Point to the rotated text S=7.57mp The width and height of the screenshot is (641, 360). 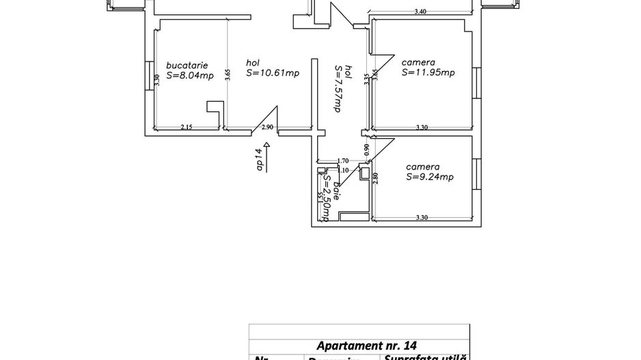pyautogui.click(x=337, y=88)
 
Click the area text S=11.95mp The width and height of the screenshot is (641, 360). pyautogui.click(x=428, y=72)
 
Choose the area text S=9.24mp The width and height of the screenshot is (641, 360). pyautogui.click(x=430, y=177)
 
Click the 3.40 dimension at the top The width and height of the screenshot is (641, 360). pyautogui.click(x=422, y=11)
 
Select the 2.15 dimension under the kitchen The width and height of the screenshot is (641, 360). pyautogui.click(x=186, y=127)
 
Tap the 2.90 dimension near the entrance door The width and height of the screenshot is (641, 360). pyautogui.click(x=267, y=127)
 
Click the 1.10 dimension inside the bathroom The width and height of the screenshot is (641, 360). pyautogui.click(x=344, y=170)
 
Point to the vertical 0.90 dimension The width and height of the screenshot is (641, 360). pyautogui.click(x=367, y=149)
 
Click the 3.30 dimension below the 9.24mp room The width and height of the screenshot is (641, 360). pyautogui.click(x=422, y=217)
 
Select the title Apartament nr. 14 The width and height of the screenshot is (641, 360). pyautogui.click(x=368, y=346)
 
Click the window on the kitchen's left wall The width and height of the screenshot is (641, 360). pyautogui.click(x=147, y=75)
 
